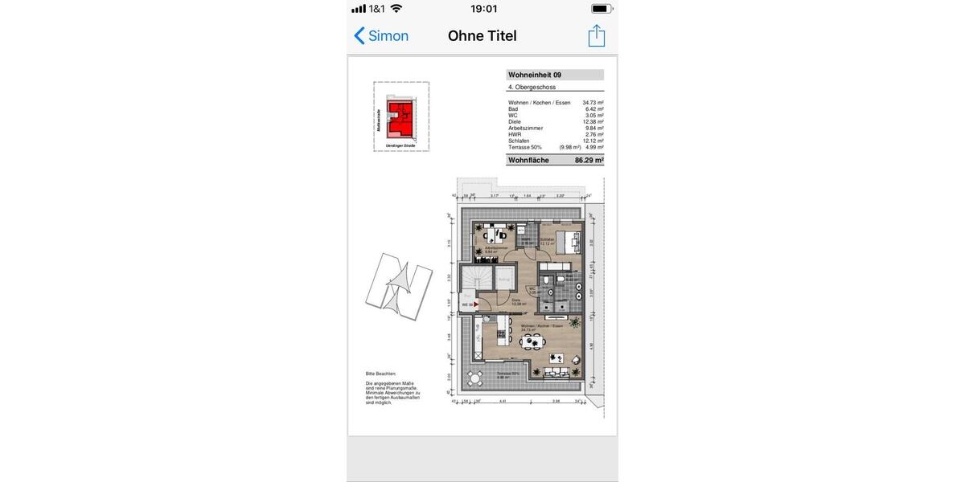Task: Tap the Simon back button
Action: point(381,36)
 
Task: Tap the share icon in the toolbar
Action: point(596,36)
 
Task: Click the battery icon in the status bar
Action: point(601,9)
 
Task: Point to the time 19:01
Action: point(483,9)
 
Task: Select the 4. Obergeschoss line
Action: point(532,87)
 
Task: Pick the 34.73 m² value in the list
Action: point(593,103)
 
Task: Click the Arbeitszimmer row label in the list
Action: point(526,128)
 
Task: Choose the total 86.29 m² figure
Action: point(589,161)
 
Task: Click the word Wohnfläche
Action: point(528,161)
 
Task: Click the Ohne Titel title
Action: point(482,36)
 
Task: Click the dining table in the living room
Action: point(530,342)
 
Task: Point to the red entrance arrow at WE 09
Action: point(477,305)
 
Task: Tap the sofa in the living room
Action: point(557,371)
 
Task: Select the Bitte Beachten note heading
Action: point(381,374)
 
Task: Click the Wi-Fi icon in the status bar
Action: point(396,9)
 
